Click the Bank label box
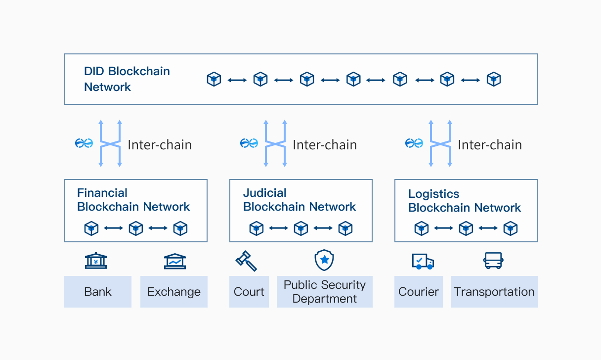(x=98, y=292)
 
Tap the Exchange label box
(x=174, y=292)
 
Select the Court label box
(x=249, y=292)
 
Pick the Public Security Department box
(x=325, y=292)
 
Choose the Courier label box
(x=419, y=292)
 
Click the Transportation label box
(x=494, y=292)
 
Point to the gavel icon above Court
(x=246, y=261)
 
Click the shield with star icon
(x=324, y=260)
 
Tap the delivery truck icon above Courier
(x=423, y=261)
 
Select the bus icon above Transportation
(x=493, y=261)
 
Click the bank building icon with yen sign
(x=96, y=261)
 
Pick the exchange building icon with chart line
(x=175, y=261)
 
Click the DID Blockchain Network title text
(x=127, y=79)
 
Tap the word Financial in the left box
(x=102, y=193)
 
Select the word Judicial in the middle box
(x=265, y=193)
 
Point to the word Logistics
(x=434, y=194)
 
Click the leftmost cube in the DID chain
(x=214, y=79)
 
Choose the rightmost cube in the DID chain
(x=494, y=79)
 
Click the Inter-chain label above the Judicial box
(x=325, y=145)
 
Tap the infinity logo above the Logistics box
(x=414, y=143)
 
